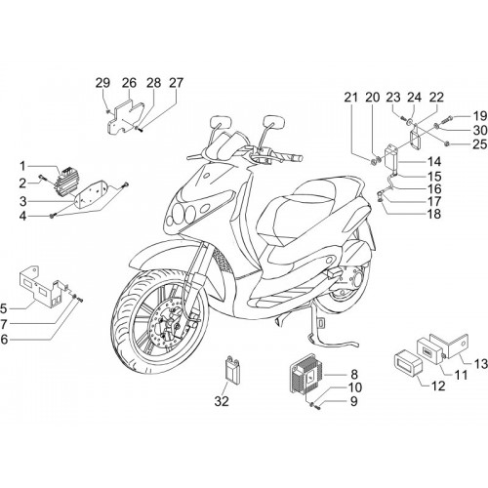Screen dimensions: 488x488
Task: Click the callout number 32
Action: click(222, 401)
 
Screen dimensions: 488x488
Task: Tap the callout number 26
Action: click(129, 83)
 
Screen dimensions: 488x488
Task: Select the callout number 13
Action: click(480, 364)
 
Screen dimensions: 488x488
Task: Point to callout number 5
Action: click(4, 306)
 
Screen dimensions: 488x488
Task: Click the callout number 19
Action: click(479, 116)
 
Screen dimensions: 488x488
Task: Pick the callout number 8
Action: click(354, 375)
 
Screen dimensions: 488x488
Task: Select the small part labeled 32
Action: click(230, 369)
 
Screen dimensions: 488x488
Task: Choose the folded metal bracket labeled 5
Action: click(42, 287)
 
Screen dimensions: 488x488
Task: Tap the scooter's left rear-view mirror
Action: click(222, 124)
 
